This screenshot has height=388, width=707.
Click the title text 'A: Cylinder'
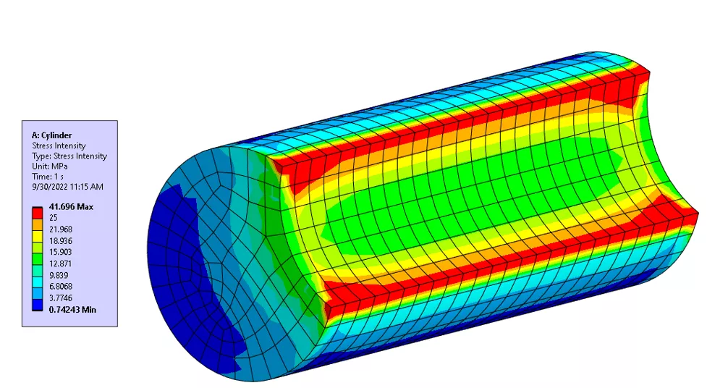[x=51, y=135]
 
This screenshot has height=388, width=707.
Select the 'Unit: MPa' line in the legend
[x=49, y=166]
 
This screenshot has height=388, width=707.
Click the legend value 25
[x=54, y=217]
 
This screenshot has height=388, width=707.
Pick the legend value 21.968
[x=60, y=229]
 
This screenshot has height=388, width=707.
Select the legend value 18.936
[x=60, y=241]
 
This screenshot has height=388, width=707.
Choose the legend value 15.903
[x=60, y=253]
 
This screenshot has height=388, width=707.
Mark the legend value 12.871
[x=60, y=264]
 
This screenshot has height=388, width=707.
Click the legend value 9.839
[x=58, y=276]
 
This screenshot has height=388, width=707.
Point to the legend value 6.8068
[x=60, y=287]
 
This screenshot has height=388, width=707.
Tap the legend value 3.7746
[x=60, y=298]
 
